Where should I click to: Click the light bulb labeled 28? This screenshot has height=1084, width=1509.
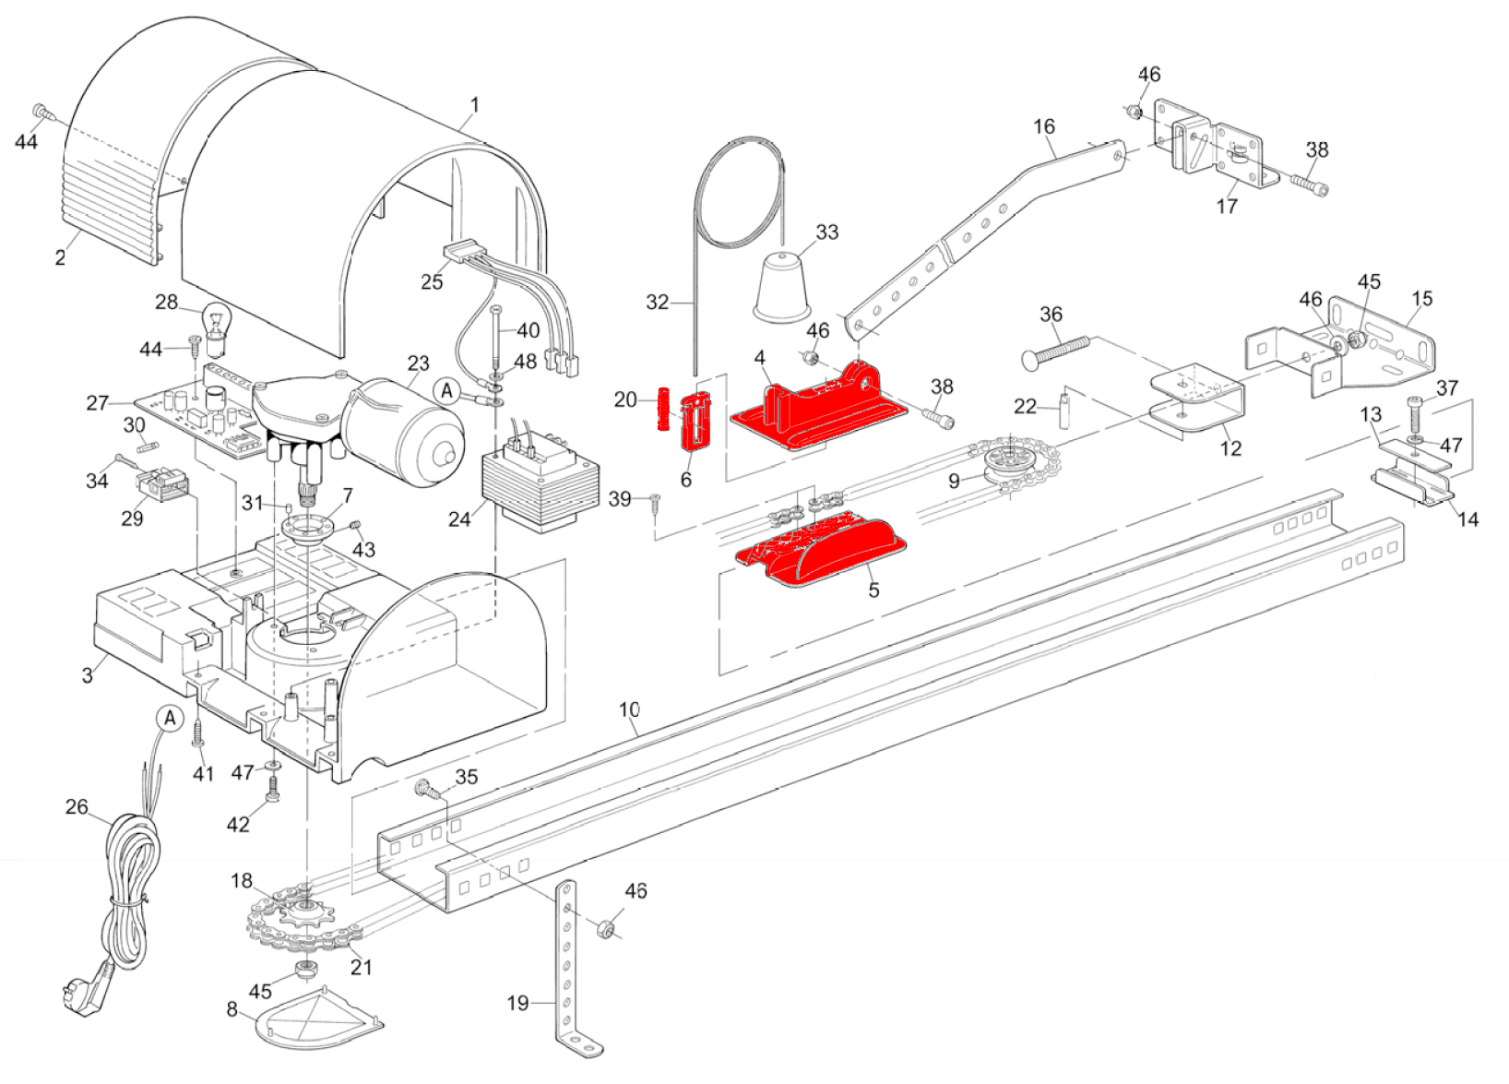click(217, 328)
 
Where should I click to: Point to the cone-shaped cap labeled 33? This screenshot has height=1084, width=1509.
click(781, 286)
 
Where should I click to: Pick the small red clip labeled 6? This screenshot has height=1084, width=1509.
click(696, 421)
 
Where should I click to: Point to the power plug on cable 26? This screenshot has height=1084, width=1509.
click(86, 990)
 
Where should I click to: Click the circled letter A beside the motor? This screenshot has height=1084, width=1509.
click(446, 391)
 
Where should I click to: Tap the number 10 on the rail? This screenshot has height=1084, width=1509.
click(628, 709)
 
